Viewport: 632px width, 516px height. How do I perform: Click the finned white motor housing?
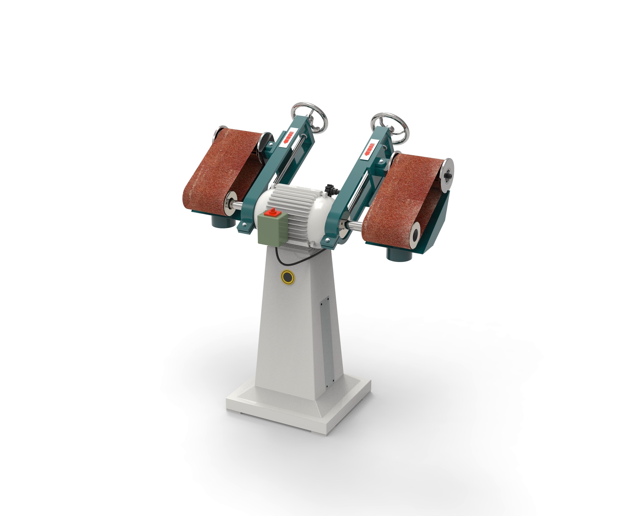tap(297, 211)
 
